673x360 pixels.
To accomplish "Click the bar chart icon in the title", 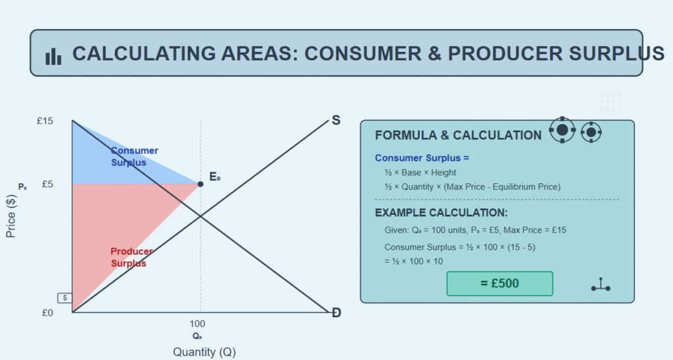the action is coord(53,56).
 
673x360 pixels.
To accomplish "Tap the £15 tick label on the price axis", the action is coord(45,121).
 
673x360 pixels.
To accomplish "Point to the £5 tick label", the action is coord(47,184).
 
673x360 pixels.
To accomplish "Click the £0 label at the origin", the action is coord(47,313).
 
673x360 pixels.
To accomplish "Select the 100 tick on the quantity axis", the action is coord(197,323).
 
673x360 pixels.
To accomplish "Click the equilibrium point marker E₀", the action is coord(200,184).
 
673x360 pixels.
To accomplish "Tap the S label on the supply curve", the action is coord(336,121).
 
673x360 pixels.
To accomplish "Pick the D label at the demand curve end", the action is coord(336,313).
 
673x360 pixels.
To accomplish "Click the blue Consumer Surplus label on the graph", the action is coord(134,156).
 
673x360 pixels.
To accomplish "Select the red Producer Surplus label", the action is coord(131,258).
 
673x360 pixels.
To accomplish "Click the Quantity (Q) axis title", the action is coord(204,352).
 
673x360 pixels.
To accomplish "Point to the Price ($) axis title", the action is coord(11,216).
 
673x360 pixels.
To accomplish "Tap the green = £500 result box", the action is coord(499,284).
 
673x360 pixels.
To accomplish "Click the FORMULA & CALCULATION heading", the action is coord(458,135).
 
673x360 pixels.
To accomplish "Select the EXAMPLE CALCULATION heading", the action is coord(441,213).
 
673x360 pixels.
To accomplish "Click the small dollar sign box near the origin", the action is coord(65,298).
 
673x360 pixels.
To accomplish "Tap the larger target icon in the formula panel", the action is coord(563,129).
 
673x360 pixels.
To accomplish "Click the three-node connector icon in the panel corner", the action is coord(601,285).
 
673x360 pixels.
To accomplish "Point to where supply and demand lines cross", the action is coord(200,216).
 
